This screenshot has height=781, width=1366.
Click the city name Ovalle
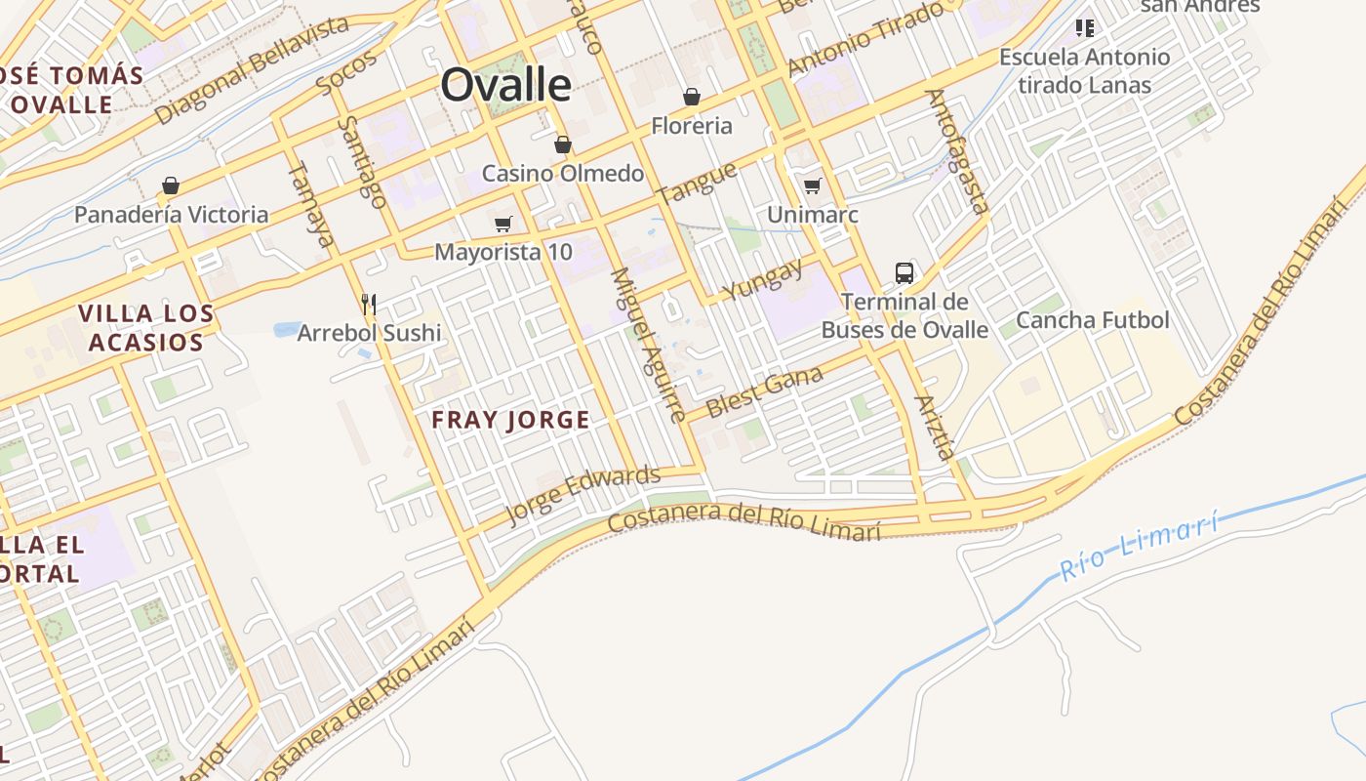pos(505,85)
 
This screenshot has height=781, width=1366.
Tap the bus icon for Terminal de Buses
pos(904,273)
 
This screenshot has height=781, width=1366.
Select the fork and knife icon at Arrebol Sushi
pos(369,305)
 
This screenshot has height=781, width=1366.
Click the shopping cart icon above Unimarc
pos(812,185)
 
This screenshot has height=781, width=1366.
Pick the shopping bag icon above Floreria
pos(692,97)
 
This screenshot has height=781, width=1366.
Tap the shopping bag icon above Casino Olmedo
pos(562,145)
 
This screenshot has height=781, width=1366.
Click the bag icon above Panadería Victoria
pos(171,185)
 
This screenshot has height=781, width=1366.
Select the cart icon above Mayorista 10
pos(503,225)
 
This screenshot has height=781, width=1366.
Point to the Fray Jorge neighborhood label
pos(511,421)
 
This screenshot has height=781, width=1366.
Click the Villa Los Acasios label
pos(145,328)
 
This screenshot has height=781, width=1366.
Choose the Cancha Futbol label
pos(1092,320)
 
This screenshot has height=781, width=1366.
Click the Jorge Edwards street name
pos(583,496)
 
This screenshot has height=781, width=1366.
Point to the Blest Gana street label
pos(764,391)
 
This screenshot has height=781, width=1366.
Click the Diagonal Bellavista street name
pos(252,70)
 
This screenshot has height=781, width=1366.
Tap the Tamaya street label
pos(311,203)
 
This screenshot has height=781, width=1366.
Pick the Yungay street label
pos(763,279)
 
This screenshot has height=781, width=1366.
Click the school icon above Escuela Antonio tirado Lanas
pos(1084,27)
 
